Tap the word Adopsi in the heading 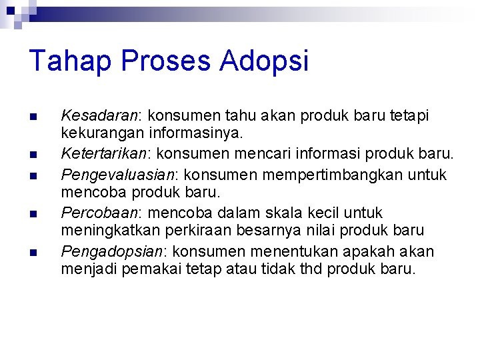pyautogui.click(x=265, y=61)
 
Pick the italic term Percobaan pyautogui.click(x=99, y=213)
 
